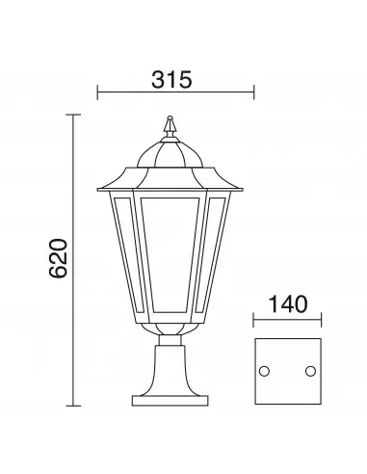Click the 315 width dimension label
pos(171,80)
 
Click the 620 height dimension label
pos(59,258)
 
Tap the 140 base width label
pos(288,304)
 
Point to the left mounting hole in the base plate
pos(264,371)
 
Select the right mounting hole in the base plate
pos(310,371)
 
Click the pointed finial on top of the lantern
pos(170,127)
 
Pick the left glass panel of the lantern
pos(128,254)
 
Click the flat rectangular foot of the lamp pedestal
pos(170,401)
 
